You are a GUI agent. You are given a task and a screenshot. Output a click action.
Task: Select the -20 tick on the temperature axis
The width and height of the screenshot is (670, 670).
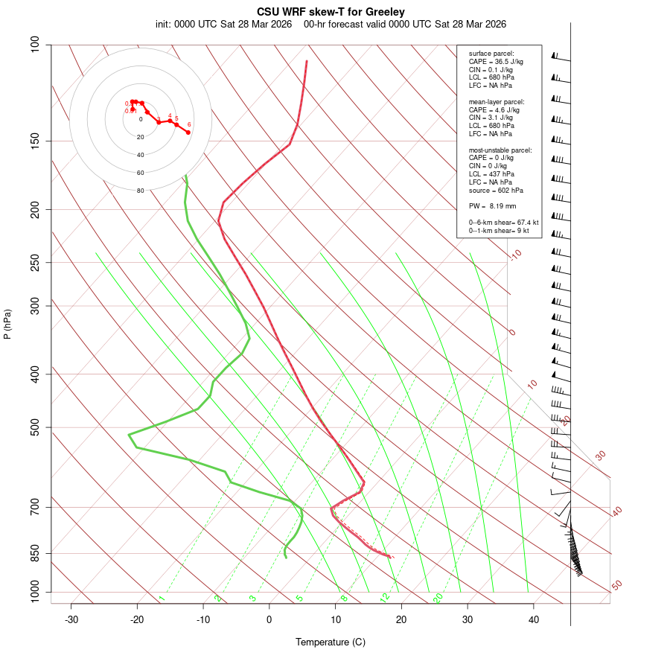pos(137,619)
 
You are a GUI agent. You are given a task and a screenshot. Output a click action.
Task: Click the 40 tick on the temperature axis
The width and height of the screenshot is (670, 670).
pos(534,619)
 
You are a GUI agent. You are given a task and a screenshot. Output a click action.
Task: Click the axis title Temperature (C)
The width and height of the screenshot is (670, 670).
pos(331,642)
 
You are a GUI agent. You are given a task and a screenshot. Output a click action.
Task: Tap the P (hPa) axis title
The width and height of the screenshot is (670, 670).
pos(7,325)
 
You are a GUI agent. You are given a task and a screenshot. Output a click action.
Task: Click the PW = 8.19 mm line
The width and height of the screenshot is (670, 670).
pos(492,205)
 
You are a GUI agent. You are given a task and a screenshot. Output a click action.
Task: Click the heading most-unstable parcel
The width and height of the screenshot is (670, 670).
pos(500,150)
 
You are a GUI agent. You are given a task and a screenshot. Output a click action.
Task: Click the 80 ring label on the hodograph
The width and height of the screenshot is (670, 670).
pos(140,191)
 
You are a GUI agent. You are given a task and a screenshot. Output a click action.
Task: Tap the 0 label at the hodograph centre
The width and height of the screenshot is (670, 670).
pos(141,119)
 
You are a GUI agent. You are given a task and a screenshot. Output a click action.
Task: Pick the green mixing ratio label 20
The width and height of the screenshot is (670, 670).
pos(438,597)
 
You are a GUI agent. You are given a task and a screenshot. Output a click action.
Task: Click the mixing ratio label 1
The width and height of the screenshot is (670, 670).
pos(162,599)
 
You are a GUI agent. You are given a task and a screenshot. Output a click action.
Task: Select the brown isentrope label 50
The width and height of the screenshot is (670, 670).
pos(616,586)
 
